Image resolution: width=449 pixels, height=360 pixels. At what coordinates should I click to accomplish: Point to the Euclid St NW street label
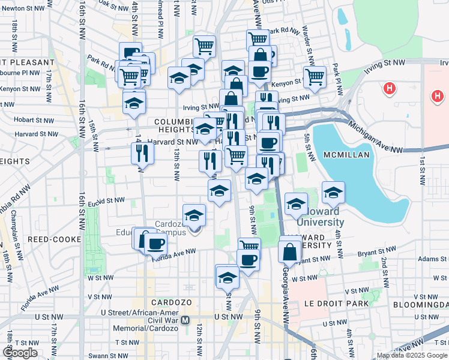pos(106,200)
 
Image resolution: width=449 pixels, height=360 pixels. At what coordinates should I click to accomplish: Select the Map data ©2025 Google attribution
pos(412,356)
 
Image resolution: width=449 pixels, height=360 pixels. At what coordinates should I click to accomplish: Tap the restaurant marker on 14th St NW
pos(142,154)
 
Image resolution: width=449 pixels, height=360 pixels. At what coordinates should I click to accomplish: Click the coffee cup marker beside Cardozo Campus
pos(155,243)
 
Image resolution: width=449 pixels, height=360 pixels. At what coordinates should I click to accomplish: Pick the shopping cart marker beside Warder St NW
pos(314,76)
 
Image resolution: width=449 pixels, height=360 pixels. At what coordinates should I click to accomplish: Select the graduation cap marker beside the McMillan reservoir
pos(333,192)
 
